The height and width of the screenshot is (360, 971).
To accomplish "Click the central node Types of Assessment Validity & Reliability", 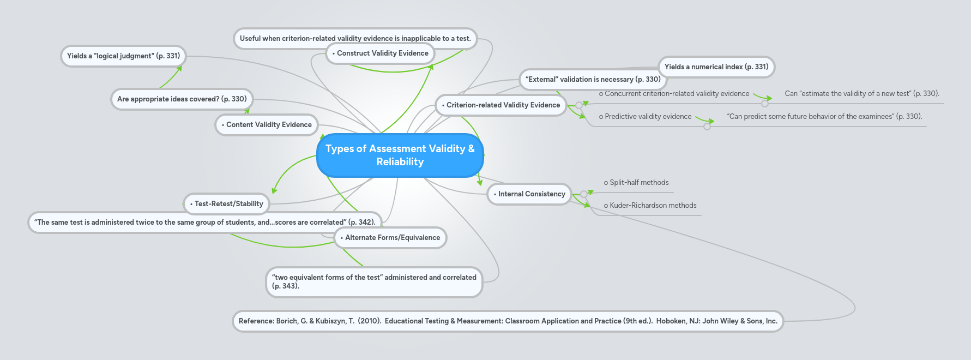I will pos(400,155).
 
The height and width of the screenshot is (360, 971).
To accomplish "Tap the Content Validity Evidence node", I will pos(267,125).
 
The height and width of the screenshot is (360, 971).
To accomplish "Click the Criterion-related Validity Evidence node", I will pos(501,105).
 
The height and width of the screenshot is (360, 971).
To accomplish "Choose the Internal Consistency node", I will pos(529,194).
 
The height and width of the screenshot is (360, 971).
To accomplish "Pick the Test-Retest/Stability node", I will pos(227,204).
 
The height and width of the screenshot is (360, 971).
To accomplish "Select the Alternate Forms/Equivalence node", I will pos(390,238).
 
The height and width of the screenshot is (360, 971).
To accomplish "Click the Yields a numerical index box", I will pos(716,67).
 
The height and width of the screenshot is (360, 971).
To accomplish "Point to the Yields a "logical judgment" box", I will pos(123,56).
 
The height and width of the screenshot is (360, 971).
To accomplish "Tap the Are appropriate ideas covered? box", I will pos(182,99).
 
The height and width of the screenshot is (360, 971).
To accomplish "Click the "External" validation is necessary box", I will pos(593,80).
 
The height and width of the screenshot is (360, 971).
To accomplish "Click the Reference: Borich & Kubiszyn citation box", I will pos(508,321).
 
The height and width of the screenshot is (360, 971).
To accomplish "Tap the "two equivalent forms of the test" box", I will pos(374,282).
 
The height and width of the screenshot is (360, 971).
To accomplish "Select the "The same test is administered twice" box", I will pos(204,223).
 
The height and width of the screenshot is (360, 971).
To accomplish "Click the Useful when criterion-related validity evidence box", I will pos(355,39).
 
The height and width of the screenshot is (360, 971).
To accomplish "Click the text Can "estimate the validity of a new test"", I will pos(861,94).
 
